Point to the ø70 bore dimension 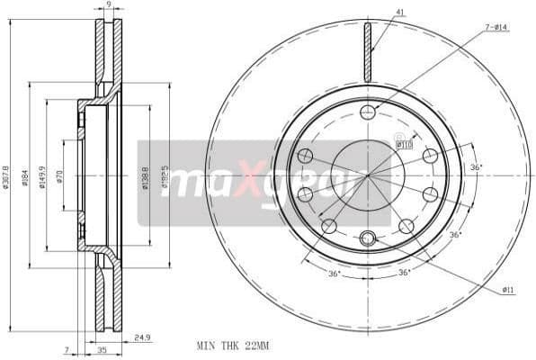pyautogui.click(x=58, y=176)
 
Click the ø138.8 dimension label pyautogui.click(x=145, y=176)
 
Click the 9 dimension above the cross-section pyautogui.click(x=108, y=5)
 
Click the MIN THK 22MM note pyautogui.click(x=232, y=345)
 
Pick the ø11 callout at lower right pyautogui.click(x=507, y=289)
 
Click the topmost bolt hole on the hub pyautogui.click(x=367, y=112)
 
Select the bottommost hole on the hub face pyautogui.click(x=367, y=238)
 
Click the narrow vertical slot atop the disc pyautogui.click(x=367, y=51)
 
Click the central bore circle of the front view pyautogui.click(x=367, y=175)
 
